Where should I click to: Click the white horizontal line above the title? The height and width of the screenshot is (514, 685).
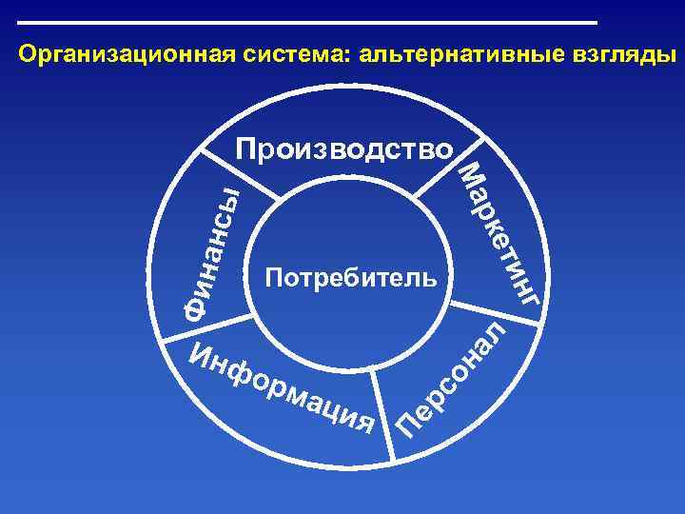307,22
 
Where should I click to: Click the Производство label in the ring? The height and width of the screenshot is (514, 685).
344,149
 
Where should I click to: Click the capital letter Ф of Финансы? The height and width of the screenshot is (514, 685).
195,306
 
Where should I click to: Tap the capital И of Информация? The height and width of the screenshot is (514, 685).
203,354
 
